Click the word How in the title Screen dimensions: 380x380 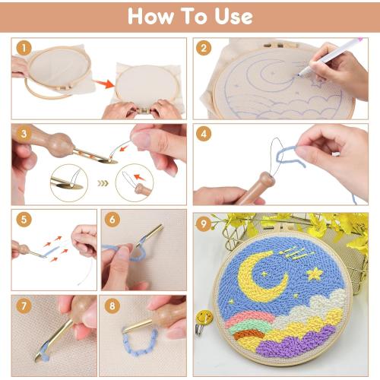pos(150,16)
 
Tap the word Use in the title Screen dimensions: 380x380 pos(231,16)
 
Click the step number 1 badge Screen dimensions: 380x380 pos(24,48)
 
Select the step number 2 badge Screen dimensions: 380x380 pos(204,48)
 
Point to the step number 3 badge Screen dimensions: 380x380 pos(24,133)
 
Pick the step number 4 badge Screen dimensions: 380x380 pos(204,133)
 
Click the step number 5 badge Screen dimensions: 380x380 pos(24,220)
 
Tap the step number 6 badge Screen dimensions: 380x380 pos(112,220)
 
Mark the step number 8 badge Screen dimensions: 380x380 pos(112,307)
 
